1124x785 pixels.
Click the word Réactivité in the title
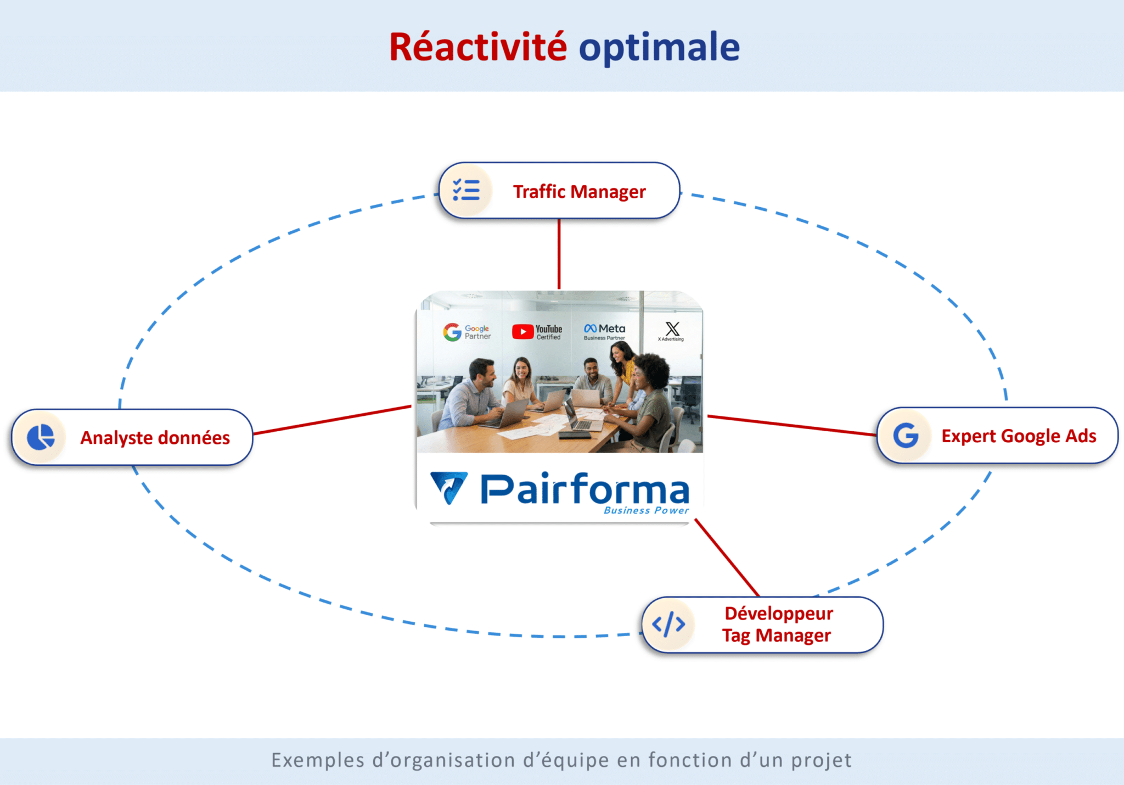click(x=477, y=47)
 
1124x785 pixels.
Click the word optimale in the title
click(x=659, y=48)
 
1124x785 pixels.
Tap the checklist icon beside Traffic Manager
click(x=466, y=190)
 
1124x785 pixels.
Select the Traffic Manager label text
click(x=579, y=192)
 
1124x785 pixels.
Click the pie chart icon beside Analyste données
click(x=41, y=437)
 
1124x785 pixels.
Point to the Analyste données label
click(x=155, y=438)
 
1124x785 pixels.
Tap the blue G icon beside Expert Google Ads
click(x=906, y=436)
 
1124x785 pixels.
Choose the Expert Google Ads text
click(x=1019, y=436)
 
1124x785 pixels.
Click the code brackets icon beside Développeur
click(x=668, y=625)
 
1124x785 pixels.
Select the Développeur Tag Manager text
click(x=777, y=625)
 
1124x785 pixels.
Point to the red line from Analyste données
click(x=332, y=420)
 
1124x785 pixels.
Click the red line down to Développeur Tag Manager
click(x=727, y=558)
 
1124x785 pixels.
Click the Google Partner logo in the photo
click(x=467, y=332)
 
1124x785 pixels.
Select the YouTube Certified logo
click(x=537, y=332)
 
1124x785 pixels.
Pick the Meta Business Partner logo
click(x=604, y=331)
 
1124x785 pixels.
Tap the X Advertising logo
click(x=672, y=331)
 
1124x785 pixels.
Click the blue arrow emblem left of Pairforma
click(x=449, y=487)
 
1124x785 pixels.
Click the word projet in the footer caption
click(x=821, y=760)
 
